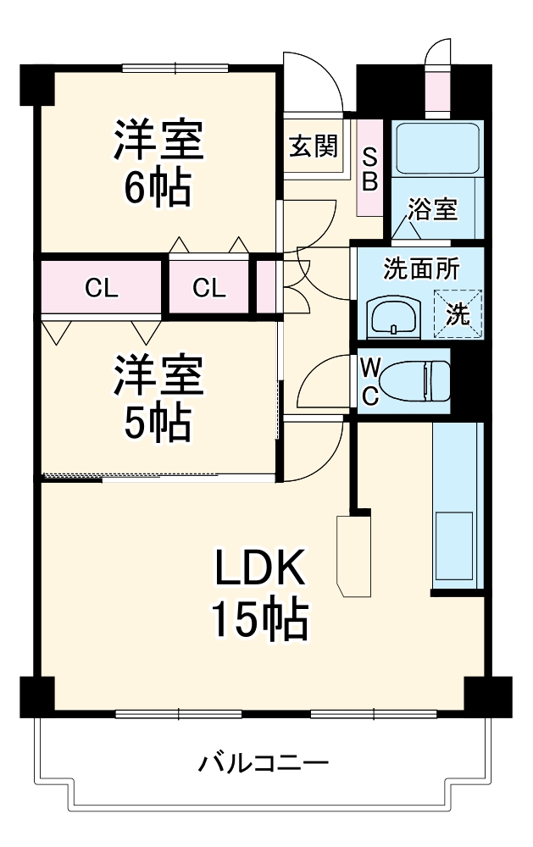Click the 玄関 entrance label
click(314, 147)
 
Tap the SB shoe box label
click(370, 169)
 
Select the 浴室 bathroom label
click(433, 210)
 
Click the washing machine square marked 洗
click(458, 314)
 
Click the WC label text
click(370, 380)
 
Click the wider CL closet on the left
click(100, 287)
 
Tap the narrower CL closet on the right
click(208, 287)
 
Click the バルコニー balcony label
click(264, 764)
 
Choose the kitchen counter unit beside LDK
click(458, 508)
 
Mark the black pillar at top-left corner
click(36, 82)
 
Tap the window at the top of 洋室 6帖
click(175, 68)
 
